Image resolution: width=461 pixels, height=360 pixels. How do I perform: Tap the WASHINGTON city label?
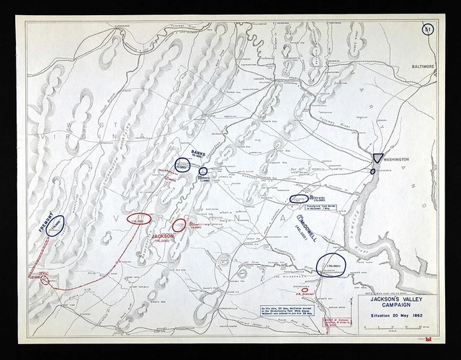pos(395,158)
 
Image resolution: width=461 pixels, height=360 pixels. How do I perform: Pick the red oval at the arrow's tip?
pos(139,219)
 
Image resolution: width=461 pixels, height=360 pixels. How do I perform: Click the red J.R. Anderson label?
pos(306,294)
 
